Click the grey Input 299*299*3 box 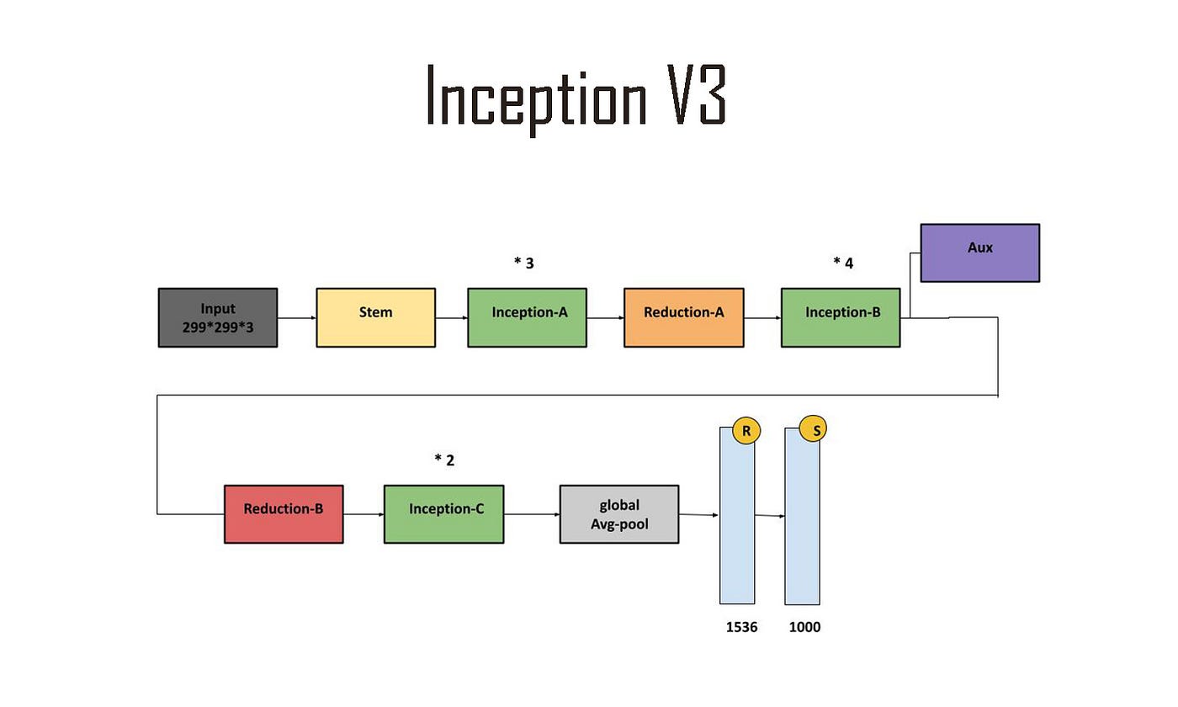click(217, 317)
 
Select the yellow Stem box click(375, 317)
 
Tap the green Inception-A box click(527, 317)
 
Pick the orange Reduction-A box click(683, 317)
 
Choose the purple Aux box click(979, 252)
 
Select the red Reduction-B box click(284, 513)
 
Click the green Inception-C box click(443, 513)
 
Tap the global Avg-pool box click(618, 513)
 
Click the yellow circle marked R click(746, 431)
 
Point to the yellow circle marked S click(813, 429)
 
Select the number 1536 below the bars click(741, 627)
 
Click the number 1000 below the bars click(804, 627)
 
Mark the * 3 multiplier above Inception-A click(523, 263)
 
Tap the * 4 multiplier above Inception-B click(842, 263)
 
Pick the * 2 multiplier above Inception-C click(443, 460)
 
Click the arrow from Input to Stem click(296, 318)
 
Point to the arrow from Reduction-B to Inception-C click(363, 514)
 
